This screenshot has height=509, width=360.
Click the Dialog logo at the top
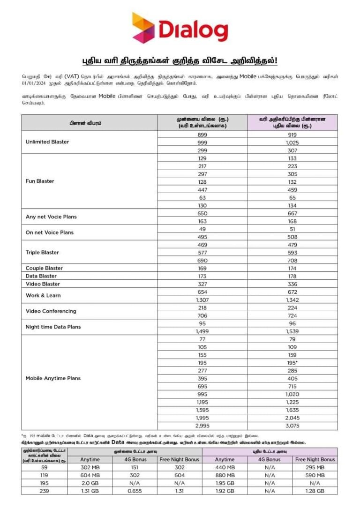pyautogui.click(x=180, y=28)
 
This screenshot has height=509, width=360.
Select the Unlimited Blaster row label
pyautogui.click(x=47, y=142)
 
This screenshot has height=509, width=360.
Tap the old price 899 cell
pyautogui.click(x=202, y=135)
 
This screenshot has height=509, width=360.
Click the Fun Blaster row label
pyautogui.click(x=40, y=181)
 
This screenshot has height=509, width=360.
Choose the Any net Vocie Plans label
pyautogui.click(x=51, y=217)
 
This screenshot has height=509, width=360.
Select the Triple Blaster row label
pyautogui.click(x=42, y=253)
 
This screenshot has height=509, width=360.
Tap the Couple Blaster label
pyautogui.click(x=44, y=269)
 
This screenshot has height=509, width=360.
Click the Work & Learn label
pyautogui.click(x=43, y=296)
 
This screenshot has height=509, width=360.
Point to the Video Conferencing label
pyautogui.click(x=51, y=311)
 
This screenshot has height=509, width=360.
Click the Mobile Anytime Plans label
pyautogui.click(x=53, y=378)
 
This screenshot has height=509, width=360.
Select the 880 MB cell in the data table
pyautogui.click(x=224, y=475)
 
